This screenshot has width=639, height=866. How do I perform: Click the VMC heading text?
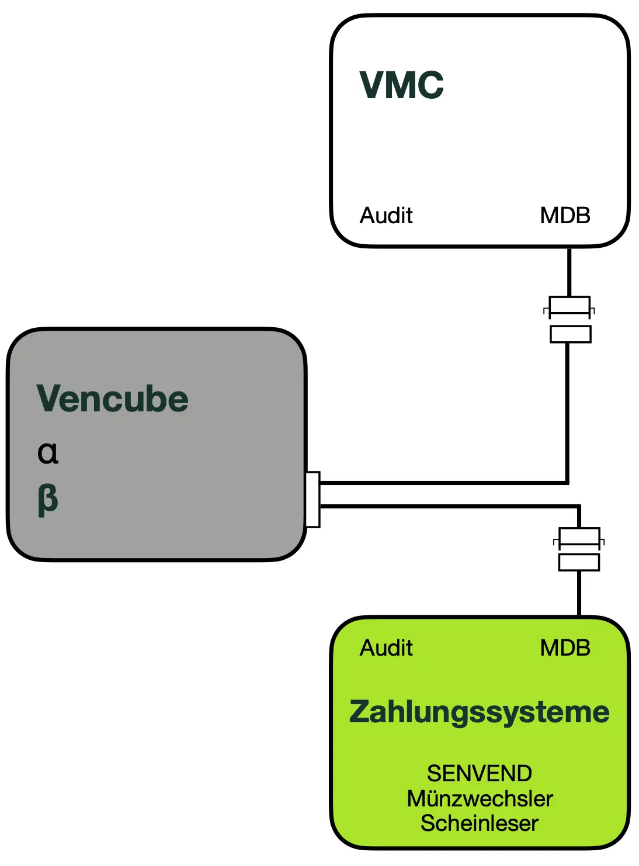click(x=401, y=85)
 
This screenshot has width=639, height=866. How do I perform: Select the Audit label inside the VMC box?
click(x=386, y=216)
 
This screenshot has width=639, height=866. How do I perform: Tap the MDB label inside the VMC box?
click(x=565, y=216)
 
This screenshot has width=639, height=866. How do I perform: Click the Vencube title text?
click(x=113, y=399)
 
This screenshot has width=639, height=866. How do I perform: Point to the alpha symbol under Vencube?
click(x=48, y=452)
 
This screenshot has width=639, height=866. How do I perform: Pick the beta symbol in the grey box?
click(x=48, y=500)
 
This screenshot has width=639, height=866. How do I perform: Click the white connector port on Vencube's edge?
click(x=313, y=500)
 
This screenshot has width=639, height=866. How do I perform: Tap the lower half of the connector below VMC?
click(x=571, y=334)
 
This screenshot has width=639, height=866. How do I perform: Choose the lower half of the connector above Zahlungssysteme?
click(x=579, y=562)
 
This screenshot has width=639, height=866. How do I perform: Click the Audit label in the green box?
click(x=386, y=648)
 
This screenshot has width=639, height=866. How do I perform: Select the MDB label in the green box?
click(x=565, y=648)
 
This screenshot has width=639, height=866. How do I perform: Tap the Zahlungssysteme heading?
click(x=479, y=712)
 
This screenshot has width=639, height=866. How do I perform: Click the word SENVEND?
click(x=480, y=774)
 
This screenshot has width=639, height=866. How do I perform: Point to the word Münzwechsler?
click(x=480, y=799)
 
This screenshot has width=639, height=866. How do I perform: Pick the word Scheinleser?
click(x=480, y=823)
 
